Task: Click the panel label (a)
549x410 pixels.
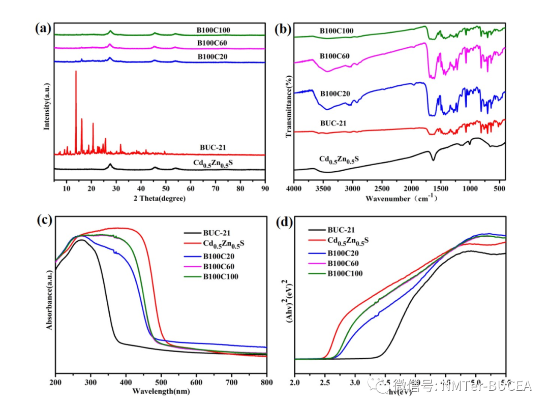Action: point(43,28)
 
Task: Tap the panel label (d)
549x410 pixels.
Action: point(283,223)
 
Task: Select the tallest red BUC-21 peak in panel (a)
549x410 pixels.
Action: point(76,72)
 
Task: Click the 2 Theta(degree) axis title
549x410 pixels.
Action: point(160,198)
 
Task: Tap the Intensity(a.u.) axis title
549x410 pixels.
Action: point(47,106)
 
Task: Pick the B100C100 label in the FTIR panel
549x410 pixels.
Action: point(337,31)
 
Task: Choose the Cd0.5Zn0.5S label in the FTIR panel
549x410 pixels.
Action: point(339,159)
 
